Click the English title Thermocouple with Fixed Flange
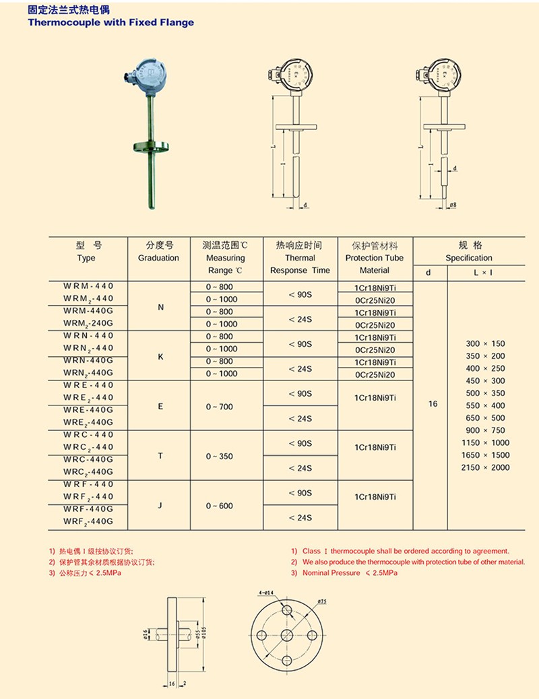point(110,22)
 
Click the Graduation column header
point(158,258)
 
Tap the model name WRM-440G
point(89,311)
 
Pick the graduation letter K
point(160,356)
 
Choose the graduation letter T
point(160,456)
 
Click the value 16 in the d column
point(433,404)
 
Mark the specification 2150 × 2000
point(485,467)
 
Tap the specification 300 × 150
point(485,343)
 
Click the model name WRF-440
point(89,484)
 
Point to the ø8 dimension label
point(453,204)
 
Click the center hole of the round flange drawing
point(287,636)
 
